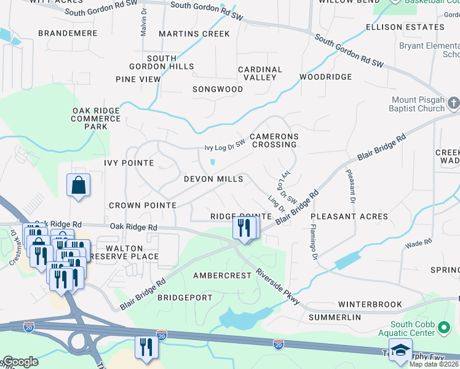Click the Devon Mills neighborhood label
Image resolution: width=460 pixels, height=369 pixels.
click(213, 179)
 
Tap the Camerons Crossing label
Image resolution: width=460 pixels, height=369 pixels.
click(274, 140)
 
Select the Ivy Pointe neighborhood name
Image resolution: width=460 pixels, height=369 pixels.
click(129, 163)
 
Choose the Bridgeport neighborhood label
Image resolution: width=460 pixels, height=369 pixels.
click(185, 298)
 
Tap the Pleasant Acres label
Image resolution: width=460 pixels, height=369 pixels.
click(349, 216)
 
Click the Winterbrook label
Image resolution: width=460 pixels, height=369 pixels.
click(370, 304)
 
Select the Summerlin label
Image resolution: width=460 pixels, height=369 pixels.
click(335, 317)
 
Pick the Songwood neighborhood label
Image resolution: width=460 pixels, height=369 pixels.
click(218, 89)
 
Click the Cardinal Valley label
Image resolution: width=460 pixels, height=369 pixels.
click(260, 74)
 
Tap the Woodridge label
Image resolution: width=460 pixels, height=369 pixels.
click(325, 77)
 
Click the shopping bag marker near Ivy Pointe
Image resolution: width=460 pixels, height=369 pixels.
click(79, 185)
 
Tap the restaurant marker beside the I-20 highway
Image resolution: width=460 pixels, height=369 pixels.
click(147, 347)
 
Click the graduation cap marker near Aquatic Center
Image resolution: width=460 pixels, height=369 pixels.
click(400, 349)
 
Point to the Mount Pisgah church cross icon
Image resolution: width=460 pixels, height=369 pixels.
click(453, 103)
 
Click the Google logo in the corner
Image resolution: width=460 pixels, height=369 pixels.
click(20, 362)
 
